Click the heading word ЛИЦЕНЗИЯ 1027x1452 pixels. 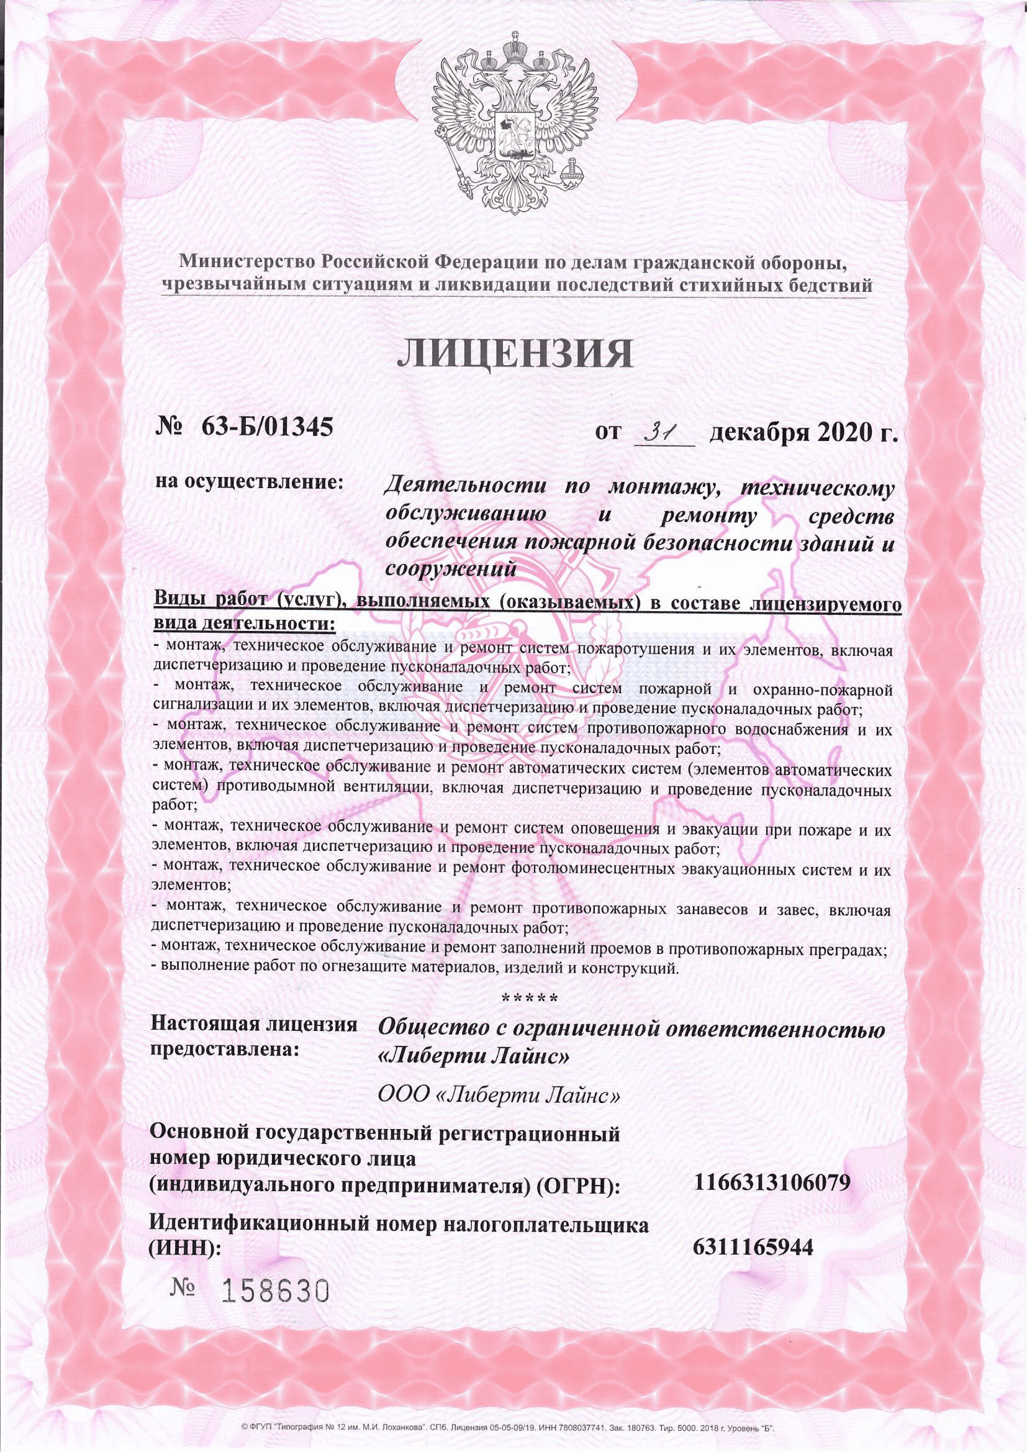pyautogui.click(x=515, y=355)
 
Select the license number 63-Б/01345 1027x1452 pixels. pyautogui.click(x=267, y=429)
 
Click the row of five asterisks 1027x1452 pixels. pyautogui.click(x=529, y=998)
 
